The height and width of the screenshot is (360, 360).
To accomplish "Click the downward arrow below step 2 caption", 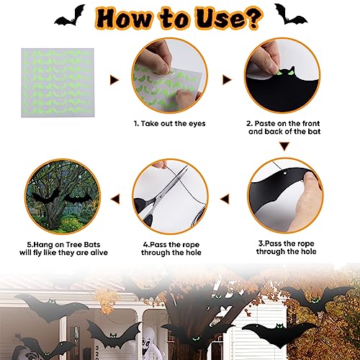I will click(284, 145).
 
